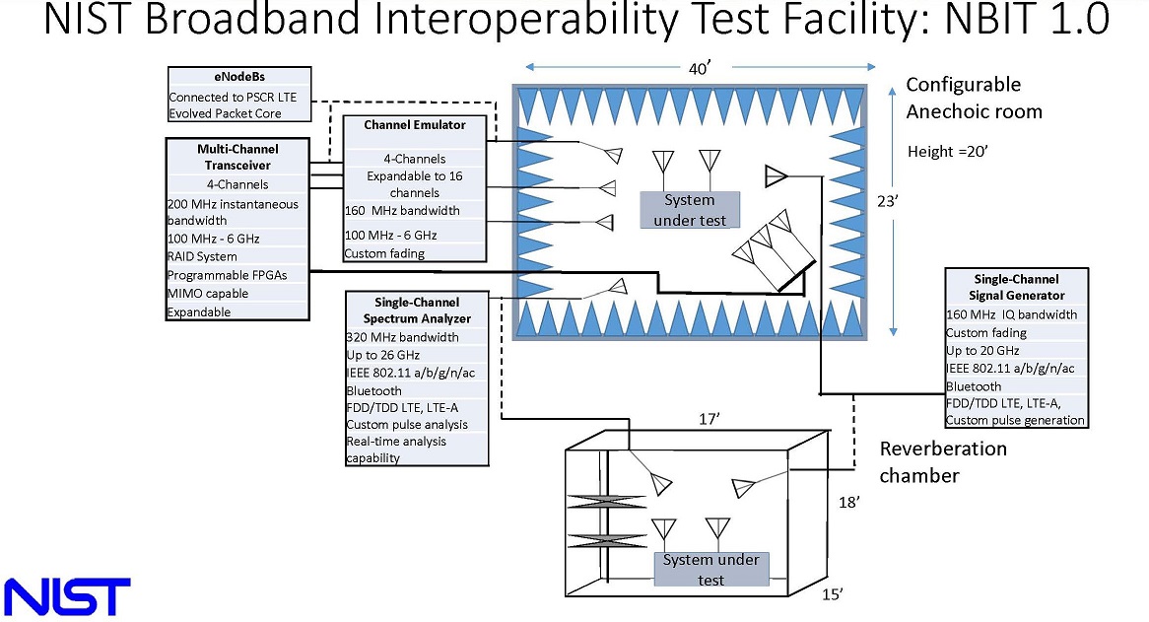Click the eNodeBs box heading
point(238,77)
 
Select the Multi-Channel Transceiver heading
point(237,158)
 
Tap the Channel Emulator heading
point(414,125)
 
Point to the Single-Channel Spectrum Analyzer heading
point(417,310)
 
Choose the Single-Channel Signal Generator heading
point(1016,287)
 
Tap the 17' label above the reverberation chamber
point(710,420)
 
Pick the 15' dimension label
point(833,593)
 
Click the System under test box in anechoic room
point(689,210)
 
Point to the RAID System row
point(203,256)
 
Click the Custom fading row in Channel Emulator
point(384,253)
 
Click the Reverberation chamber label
point(943,462)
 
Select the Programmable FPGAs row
point(228,275)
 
